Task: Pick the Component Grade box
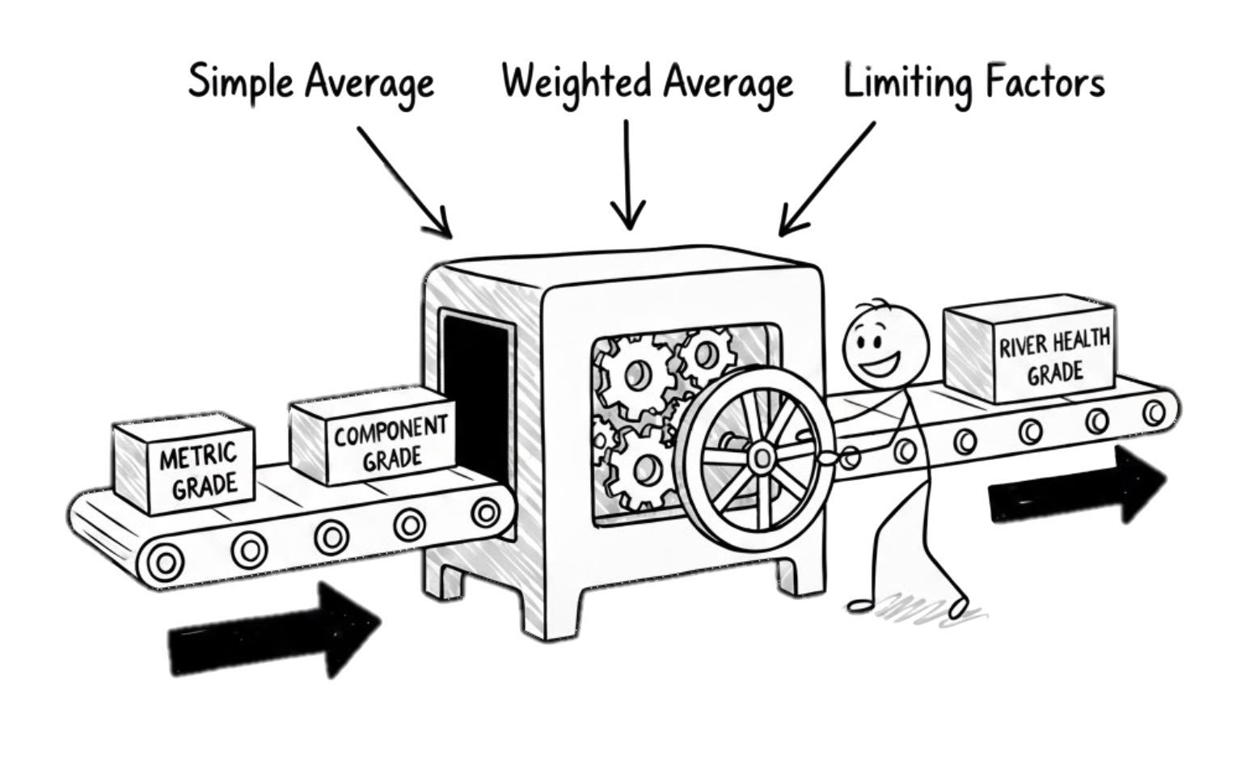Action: (370, 441)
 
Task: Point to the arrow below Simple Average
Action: (404, 182)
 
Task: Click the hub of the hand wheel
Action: (760, 458)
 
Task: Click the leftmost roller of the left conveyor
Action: (165, 559)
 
